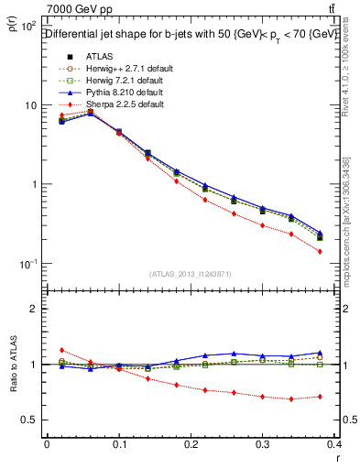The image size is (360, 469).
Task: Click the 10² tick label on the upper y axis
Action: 28,27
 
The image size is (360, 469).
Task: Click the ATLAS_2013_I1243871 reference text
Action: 190,274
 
